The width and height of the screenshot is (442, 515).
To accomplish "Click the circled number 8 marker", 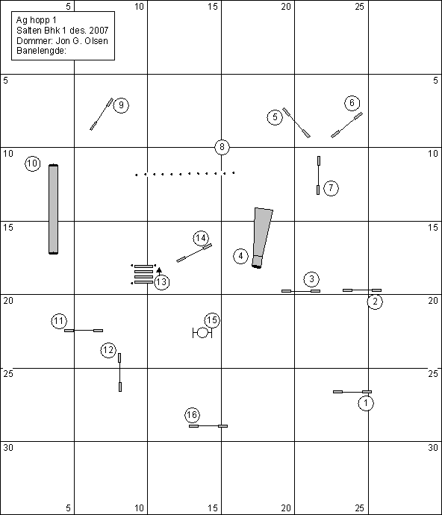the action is click(222, 147).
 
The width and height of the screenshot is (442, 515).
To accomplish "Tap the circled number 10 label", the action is click(33, 163).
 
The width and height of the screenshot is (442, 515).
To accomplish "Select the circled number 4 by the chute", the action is click(241, 256).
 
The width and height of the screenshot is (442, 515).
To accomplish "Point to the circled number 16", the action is click(192, 415).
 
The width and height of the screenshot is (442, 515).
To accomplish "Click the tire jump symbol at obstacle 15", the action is click(202, 333).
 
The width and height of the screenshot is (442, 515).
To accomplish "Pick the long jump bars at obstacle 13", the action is click(143, 274).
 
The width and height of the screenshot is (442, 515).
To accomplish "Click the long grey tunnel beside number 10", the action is click(54, 209).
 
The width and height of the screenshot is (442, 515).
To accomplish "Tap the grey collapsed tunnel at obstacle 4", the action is click(262, 238).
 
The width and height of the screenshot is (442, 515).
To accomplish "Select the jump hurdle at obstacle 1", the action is click(352, 392).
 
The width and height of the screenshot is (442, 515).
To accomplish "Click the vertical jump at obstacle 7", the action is click(319, 175).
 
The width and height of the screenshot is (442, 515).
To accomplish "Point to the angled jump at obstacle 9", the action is click(102, 114).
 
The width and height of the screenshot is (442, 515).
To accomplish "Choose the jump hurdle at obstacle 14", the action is click(194, 253).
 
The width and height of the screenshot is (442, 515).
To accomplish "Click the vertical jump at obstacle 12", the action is click(120, 372).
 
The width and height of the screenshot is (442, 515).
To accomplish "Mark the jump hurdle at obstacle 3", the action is click(301, 291).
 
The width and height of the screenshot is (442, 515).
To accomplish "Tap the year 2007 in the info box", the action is click(99, 31).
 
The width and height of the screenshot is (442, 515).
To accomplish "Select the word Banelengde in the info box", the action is click(41, 51).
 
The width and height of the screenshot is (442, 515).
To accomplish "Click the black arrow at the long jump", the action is click(159, 272).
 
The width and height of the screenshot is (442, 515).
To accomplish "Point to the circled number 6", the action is click(352, 103).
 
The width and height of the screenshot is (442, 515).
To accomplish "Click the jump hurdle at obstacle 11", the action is click(84, 331).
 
